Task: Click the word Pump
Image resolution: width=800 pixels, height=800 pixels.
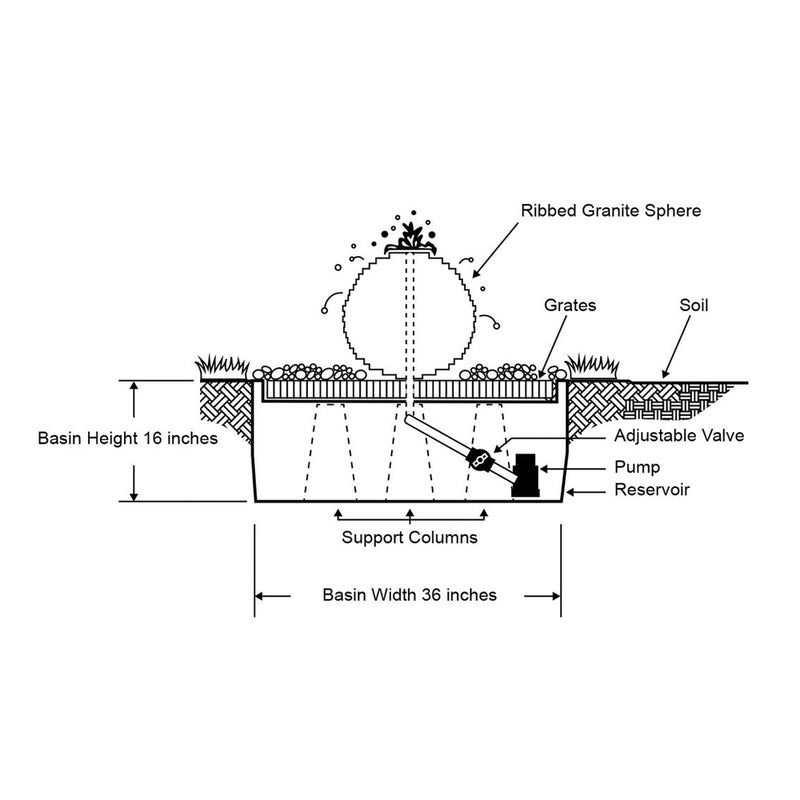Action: [x=636, y=467]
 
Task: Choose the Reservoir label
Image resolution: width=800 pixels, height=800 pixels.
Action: [x=651, y=490]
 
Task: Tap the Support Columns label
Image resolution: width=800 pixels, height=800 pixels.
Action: [x=409, y=537]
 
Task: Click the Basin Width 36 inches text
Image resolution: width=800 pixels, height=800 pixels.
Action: [x=409, y=594]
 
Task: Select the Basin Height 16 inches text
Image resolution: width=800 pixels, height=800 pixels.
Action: [x=128, y=438]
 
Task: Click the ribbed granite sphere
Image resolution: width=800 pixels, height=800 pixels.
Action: [x=408, y=310]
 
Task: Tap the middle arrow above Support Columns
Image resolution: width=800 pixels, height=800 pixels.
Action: [x=410, y=513]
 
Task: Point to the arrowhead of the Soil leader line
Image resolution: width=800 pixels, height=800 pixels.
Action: [x=663, y=375]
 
